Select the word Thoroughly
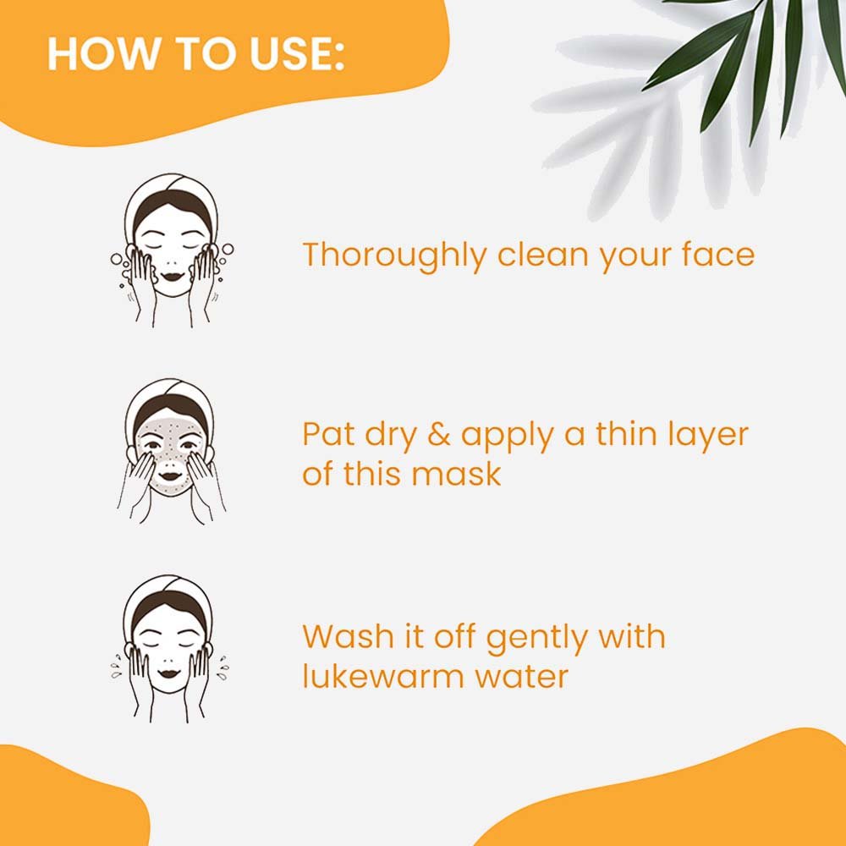(x=394, y=255)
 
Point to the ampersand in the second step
(x=438, y=434)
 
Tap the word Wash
(x=348, y=637)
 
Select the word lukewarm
(x=382, y=676)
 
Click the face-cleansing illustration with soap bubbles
(x=172, y=250)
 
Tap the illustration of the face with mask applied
(x=171, y=451)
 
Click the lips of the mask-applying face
(x=171, y=476)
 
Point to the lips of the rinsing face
(x=169, y=673)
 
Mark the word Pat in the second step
(x=327, y=434)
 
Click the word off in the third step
(x=454, y=637)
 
